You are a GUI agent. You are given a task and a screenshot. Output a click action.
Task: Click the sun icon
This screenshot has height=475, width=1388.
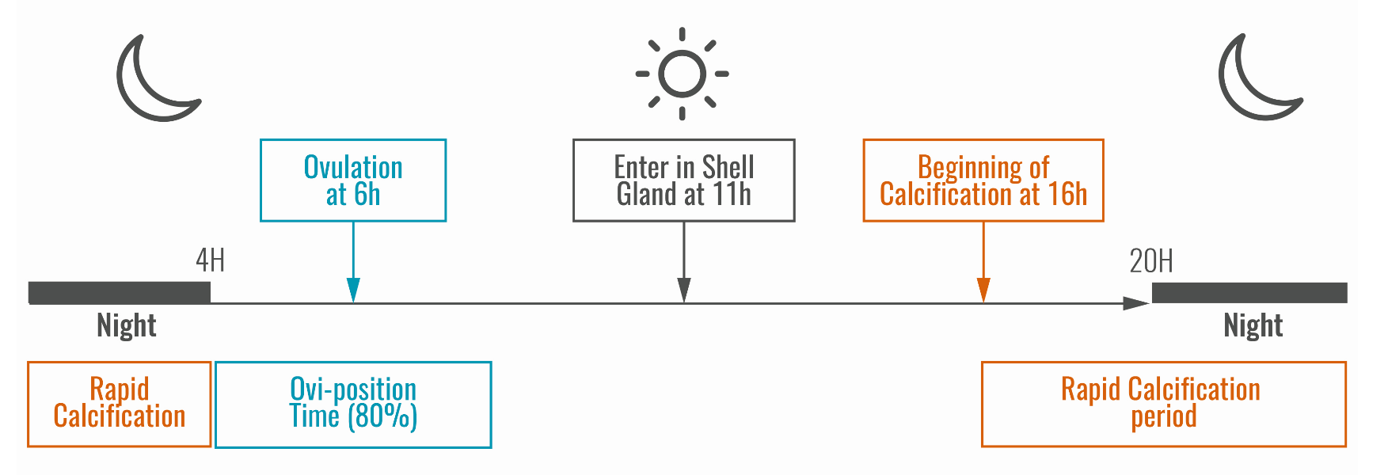682,74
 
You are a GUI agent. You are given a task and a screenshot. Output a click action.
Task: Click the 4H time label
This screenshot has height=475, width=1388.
210,260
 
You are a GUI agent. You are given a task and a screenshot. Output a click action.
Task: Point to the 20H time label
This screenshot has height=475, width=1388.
1150,261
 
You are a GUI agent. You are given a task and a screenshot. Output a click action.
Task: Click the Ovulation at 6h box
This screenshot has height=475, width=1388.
353,180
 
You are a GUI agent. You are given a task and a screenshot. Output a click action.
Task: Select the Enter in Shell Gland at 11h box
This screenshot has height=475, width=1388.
683,180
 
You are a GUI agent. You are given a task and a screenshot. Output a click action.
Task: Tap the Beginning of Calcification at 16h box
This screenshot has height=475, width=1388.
983,180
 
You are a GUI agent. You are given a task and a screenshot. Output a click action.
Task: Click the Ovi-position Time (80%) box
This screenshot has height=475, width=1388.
353,405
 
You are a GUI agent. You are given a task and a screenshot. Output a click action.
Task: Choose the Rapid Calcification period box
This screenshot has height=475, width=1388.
1163,405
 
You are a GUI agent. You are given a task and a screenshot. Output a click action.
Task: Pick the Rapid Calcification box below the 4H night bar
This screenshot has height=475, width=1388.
120,405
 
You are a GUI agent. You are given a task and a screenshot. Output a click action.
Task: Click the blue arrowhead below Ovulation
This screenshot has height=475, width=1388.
353,291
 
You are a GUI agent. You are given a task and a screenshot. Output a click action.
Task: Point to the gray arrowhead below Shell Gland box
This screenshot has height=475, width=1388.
684,291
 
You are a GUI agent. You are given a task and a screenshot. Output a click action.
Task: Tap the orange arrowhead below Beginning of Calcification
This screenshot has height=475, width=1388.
983,291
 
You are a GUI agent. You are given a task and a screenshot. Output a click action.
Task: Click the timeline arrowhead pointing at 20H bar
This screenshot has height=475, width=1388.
1137,303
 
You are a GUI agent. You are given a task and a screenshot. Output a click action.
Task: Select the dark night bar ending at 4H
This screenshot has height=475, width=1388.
120,293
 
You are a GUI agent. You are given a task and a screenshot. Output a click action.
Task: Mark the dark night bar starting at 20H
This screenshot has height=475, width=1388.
1249,293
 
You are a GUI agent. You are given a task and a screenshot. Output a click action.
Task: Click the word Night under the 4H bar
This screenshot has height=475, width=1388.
127,325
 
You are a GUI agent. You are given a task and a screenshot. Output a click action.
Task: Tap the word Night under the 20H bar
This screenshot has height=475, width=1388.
1253,325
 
